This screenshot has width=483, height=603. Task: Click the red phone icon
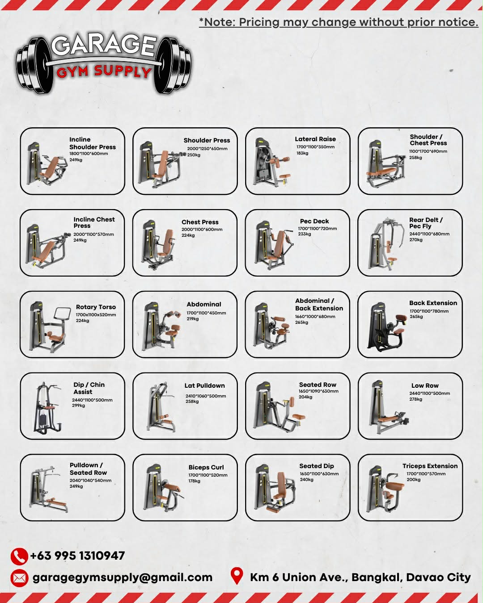coord(19,556)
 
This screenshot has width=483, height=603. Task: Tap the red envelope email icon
coord(19,578)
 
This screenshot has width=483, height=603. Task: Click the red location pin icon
coord(237,576)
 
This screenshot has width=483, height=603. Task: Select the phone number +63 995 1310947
coord(77,556)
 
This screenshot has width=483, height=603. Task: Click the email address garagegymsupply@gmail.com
coord(123,578)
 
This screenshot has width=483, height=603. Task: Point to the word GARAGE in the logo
coord(104,45)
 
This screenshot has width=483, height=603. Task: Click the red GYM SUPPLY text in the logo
coord(104,72)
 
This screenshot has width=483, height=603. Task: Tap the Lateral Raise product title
coord(315,139)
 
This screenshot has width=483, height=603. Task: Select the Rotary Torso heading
coord(96,307)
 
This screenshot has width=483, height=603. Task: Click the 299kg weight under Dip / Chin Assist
coord(78,406)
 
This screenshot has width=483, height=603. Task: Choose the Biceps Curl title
coord(206,467)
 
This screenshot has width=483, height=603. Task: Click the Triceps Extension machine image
coord(385,488)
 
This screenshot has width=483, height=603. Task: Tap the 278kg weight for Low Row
coord(415,399)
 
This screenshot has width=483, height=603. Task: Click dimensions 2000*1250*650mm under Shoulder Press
coord(207,148)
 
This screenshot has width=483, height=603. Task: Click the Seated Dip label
coord(316,466)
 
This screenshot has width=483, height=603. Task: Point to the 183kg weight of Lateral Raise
coord(302,153)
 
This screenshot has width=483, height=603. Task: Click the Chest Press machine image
coord(159,244)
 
